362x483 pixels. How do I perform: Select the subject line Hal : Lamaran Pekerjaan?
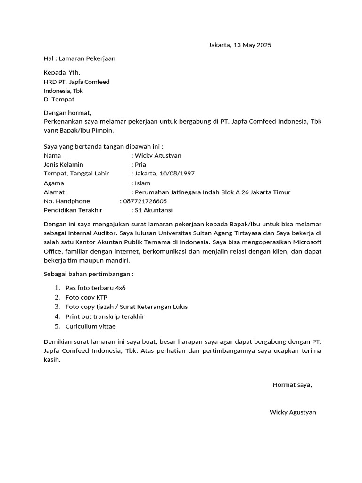click(x=80, y=59)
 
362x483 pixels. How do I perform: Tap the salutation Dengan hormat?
click(x=67, y=113)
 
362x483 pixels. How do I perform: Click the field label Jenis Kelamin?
click(x=64, y=165)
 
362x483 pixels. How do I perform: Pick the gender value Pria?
click(x=140, y=165)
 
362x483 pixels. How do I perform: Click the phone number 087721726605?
click(x=145, y=201)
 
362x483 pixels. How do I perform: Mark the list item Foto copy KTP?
click(x=86, y=297)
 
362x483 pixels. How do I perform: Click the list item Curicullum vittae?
click(x=90, y=326)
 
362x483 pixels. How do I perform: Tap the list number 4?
click(x=57, y=316)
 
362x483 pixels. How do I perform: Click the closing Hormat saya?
click(x=292, y=385)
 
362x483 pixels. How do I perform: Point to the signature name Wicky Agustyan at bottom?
click(x=293, y=412)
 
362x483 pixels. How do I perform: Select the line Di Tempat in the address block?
click(x=59, y=100)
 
